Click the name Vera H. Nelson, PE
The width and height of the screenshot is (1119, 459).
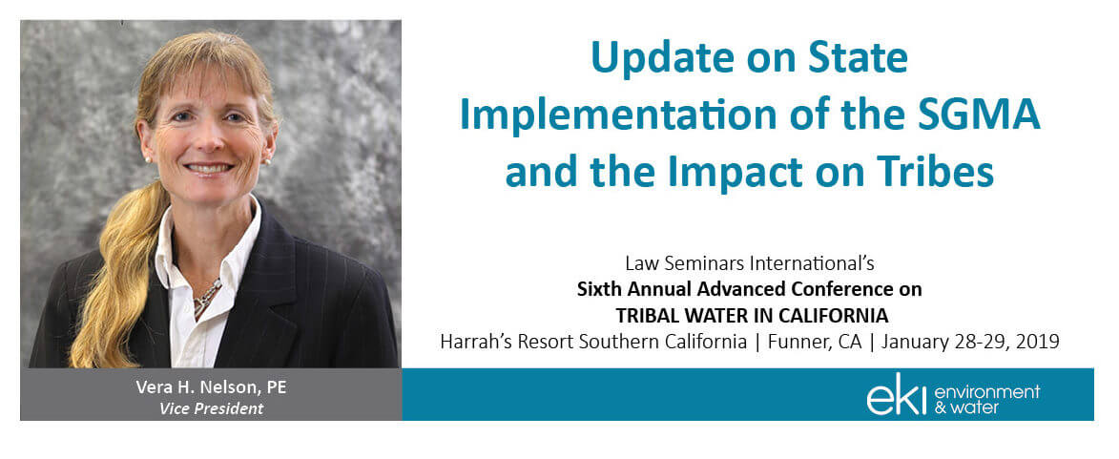pyautogui.click(x=211, y=387)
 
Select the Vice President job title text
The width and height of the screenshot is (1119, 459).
pyautogui.click(x=211, y=409)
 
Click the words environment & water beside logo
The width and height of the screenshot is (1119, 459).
pyautogui.click(x=986, y=399)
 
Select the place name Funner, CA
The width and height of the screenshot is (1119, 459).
pyautogui.click(x=818, y=342)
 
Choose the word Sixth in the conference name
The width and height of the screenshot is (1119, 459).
pyautogui.click(x=596, y=289)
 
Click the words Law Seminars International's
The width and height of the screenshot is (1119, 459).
pyautogui.click(x=749, y=263)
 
